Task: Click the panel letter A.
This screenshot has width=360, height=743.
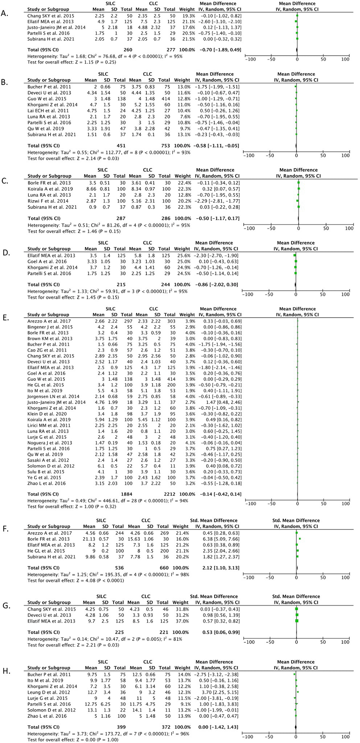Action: coord(4,13)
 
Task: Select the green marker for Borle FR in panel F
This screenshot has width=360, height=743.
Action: coord(300,539)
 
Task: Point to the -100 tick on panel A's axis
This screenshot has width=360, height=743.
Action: coord(251,59)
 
